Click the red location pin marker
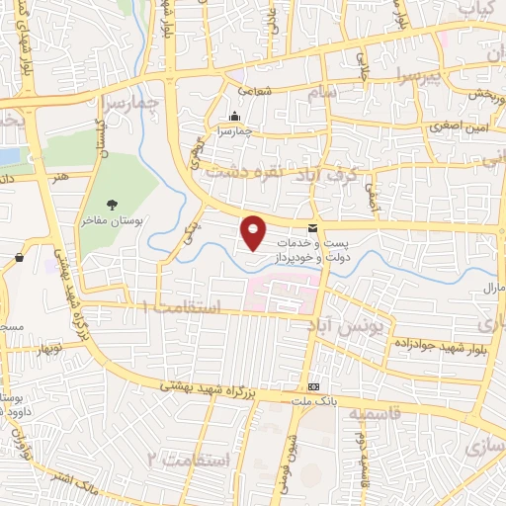click(254, 231)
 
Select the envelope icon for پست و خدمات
click(312, 229)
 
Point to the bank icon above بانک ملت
click(313, 385)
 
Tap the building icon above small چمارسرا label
click(233, 116)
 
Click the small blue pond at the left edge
click(8, 156)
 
